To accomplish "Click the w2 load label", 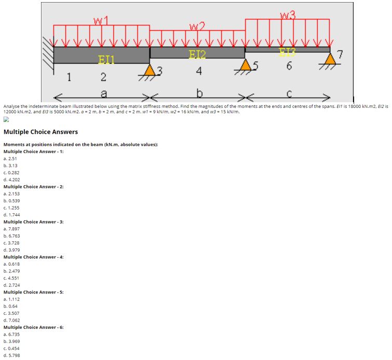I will (197, 26).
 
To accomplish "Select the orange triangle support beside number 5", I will (245, 65).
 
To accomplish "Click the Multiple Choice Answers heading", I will (40, 132).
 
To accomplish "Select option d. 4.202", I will (12, 179).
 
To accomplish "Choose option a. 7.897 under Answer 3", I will (12, 229).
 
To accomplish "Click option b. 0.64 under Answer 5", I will (11, 306).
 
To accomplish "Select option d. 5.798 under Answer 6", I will (12, 355).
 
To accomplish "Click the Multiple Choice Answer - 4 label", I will (33, 257).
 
